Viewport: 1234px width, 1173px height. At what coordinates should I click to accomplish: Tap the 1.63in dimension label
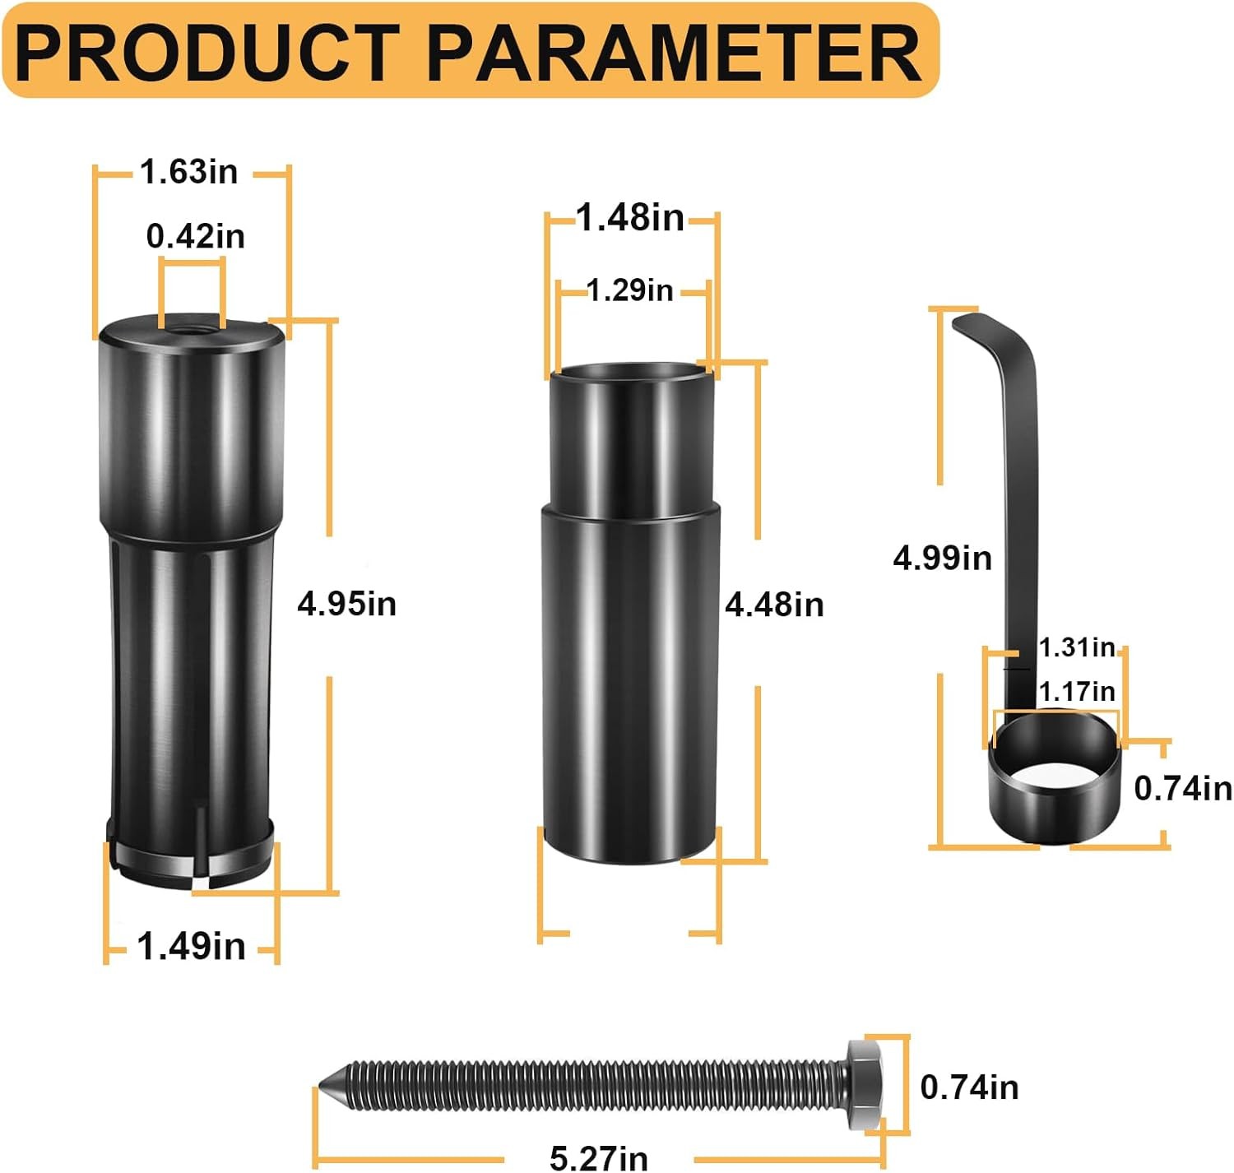[189, 171]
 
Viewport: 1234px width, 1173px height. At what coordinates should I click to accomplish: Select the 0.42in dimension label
[195, 236]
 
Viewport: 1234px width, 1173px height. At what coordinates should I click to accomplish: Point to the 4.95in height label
[347, 604]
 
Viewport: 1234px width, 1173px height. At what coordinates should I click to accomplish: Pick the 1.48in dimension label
[630, 217]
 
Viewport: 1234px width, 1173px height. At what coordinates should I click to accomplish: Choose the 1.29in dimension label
[630, 290]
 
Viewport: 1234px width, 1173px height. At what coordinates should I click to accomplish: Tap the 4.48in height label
[775, 605]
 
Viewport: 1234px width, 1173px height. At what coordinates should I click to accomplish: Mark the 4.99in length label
[943, 558]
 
